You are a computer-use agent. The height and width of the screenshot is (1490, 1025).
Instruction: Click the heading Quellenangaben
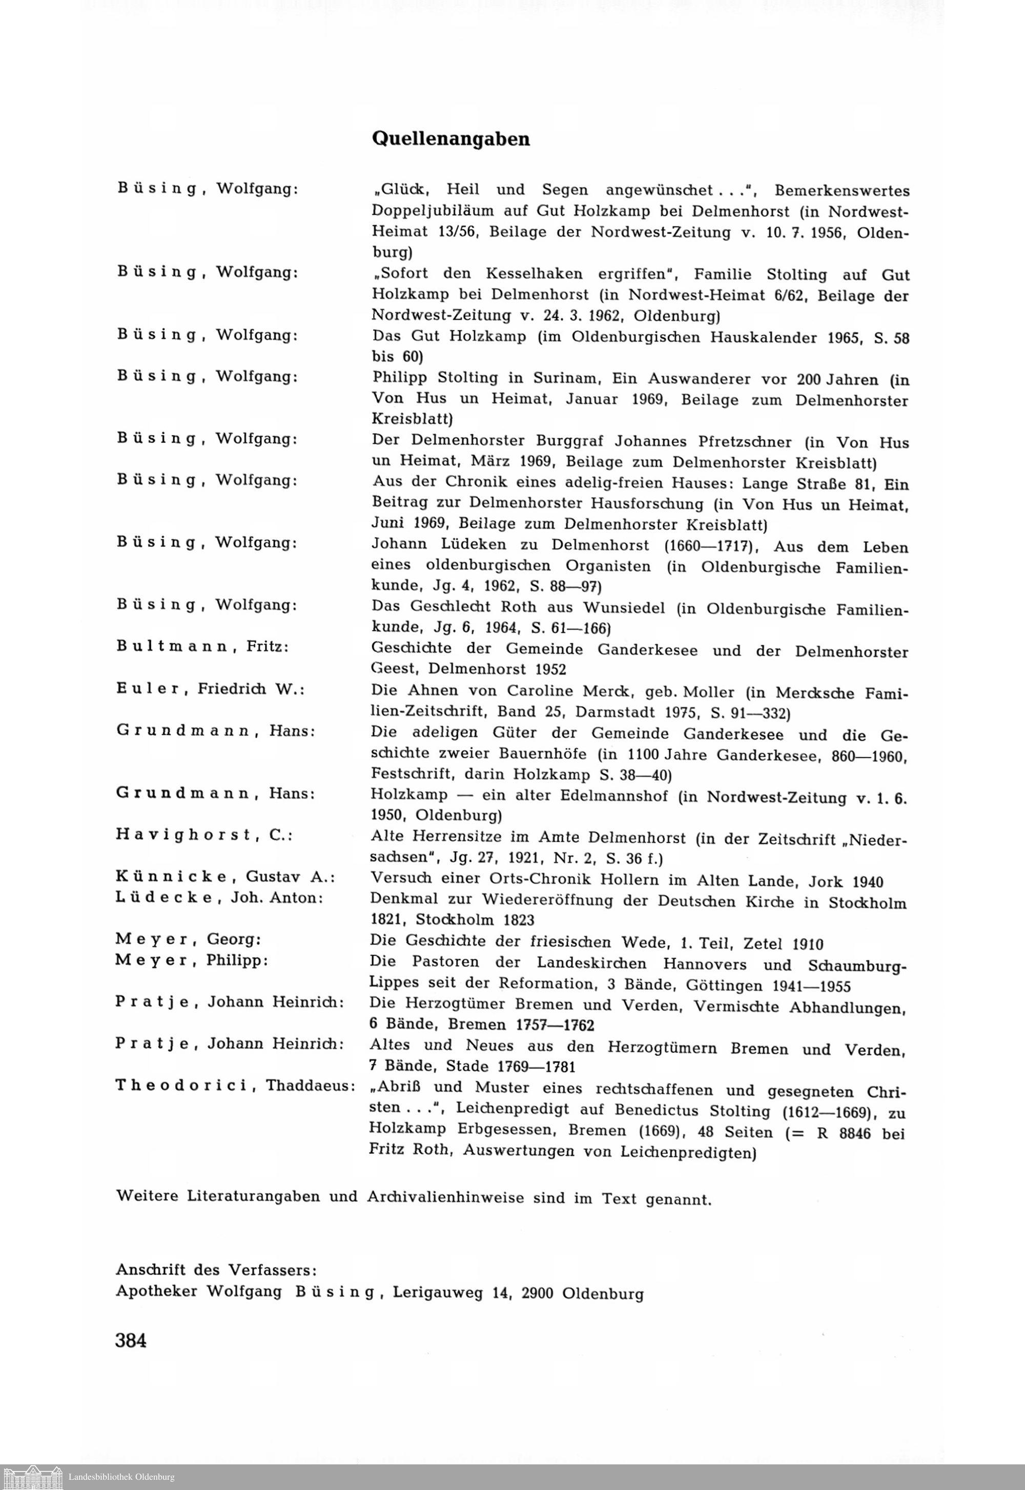tap(451, 139)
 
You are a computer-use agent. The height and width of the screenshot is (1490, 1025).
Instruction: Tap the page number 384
tap(132, 1340)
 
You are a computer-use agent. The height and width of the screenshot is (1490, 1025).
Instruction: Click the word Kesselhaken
tap(529, 274)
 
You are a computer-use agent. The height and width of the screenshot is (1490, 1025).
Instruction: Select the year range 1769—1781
tap(536, 1067)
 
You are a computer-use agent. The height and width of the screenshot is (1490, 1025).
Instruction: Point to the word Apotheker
tap(157, 1291)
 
